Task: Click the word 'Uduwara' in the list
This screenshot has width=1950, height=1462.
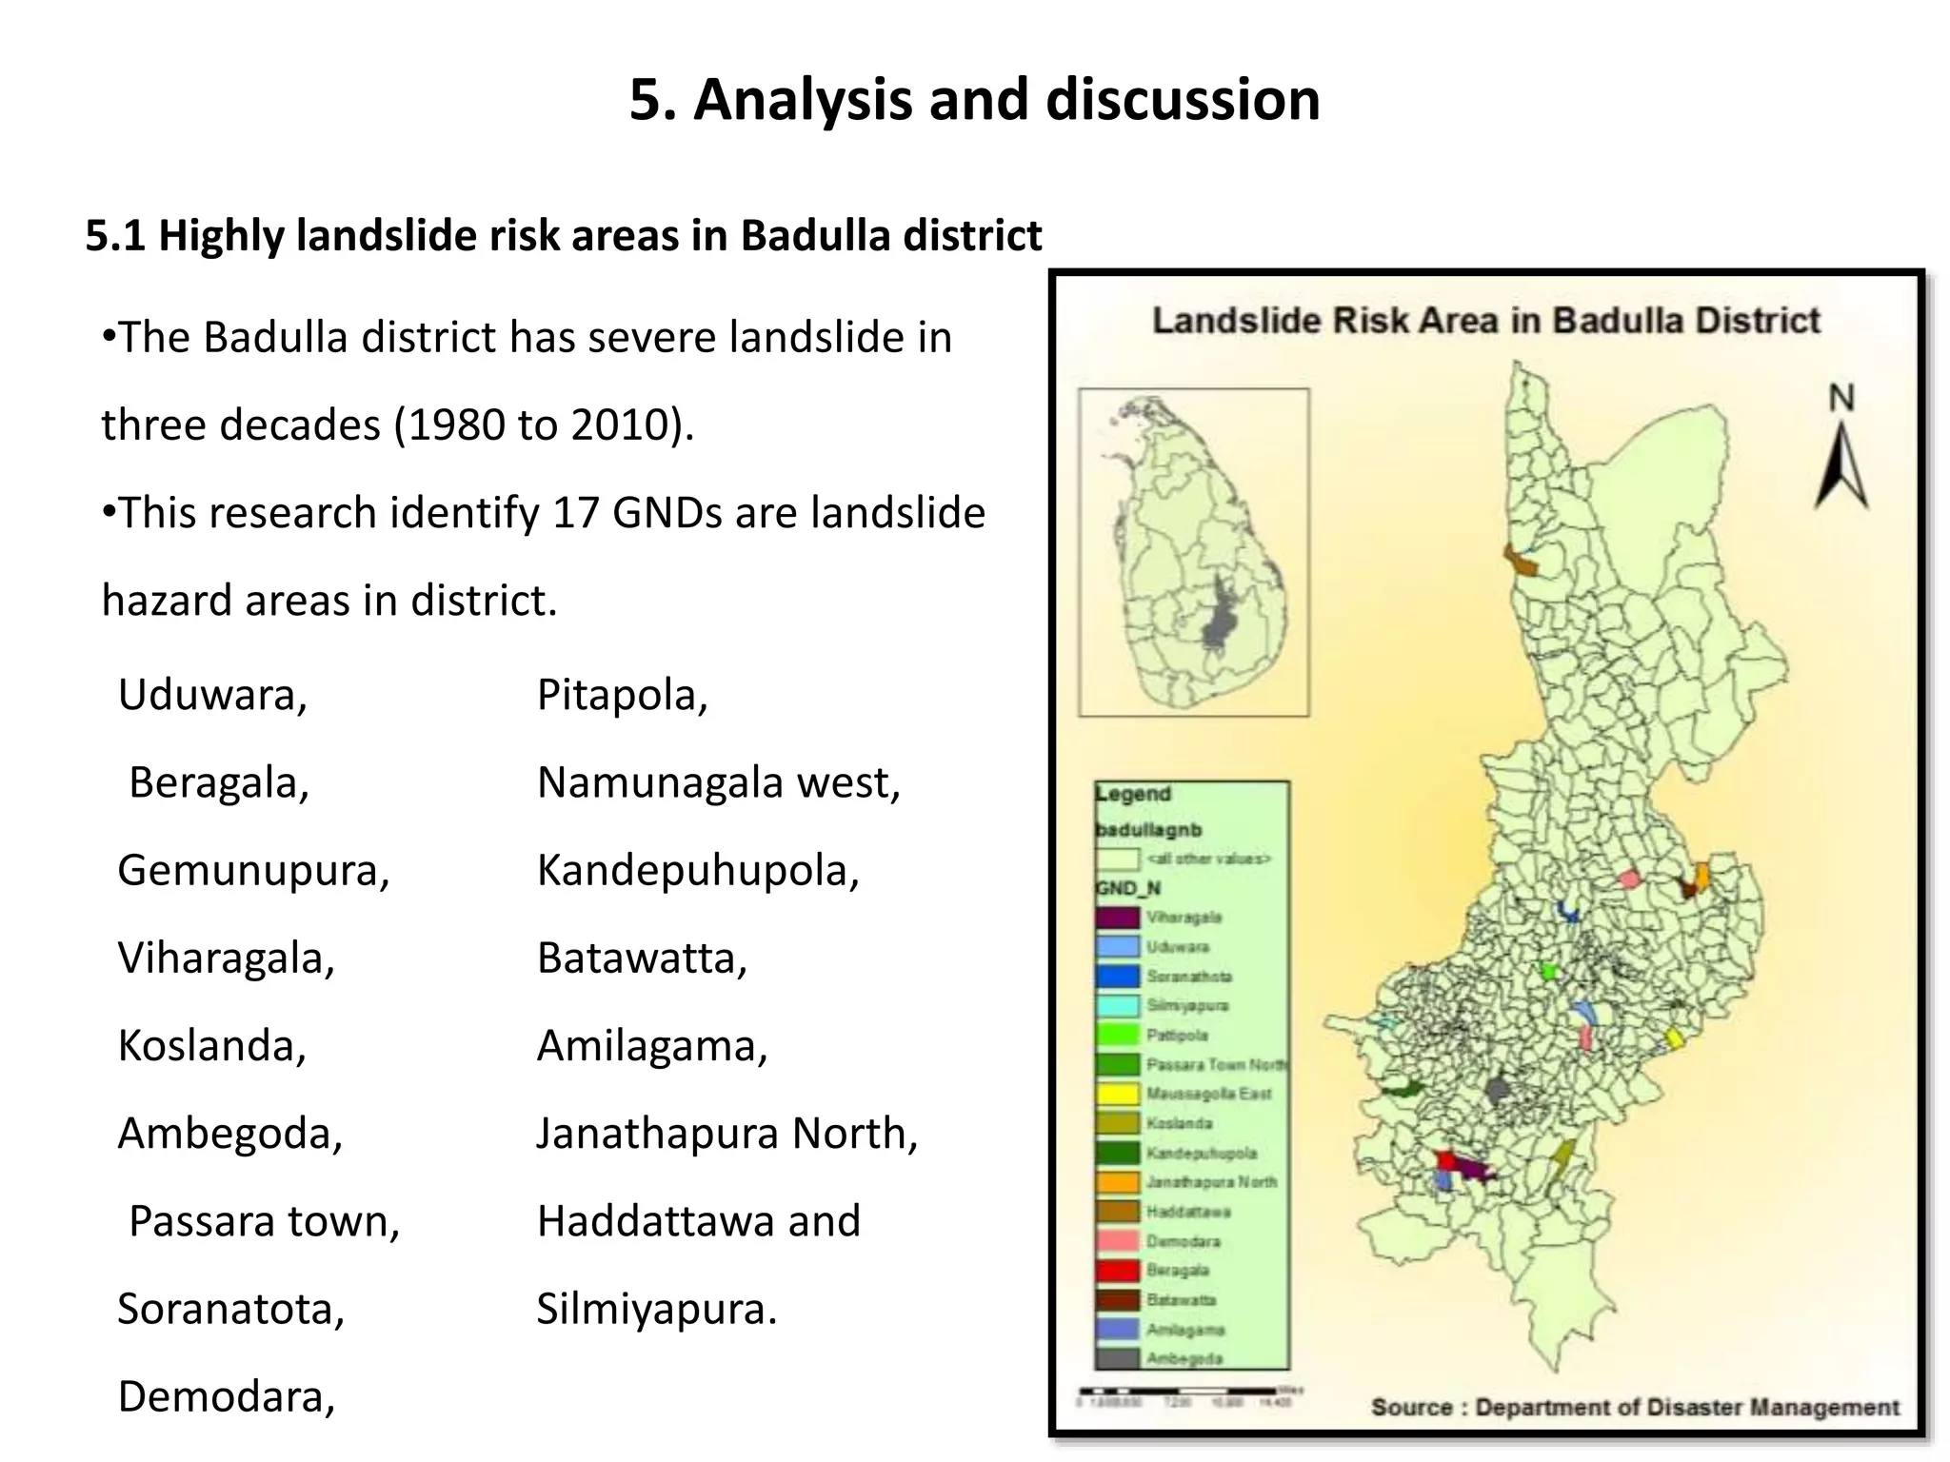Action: (x=209, y=695)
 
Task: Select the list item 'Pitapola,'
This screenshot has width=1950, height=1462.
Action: (x=622, y=695)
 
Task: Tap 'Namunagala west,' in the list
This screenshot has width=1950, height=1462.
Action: (x=718, y=782)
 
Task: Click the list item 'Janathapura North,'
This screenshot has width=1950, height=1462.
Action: (x=726, y=1134)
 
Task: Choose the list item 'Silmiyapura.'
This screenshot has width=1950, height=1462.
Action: (x=656, y=1309)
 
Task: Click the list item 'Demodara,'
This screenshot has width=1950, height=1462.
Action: (x=226, y=1396)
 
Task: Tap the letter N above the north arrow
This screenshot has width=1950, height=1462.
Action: (x=1841, y=398)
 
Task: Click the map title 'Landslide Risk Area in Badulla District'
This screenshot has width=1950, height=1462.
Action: (x=1485, y=321)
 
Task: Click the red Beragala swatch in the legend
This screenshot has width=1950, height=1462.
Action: (x=1117, y=1271)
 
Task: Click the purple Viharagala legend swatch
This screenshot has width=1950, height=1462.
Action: (x=1117, y=918)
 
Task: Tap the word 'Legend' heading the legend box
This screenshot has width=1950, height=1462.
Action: (x=1132, y=794)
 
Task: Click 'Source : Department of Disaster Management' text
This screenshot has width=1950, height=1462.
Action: (x=1634, y=1407)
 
